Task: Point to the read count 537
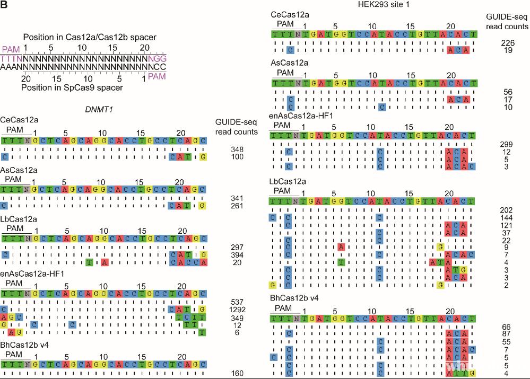click(237, 302)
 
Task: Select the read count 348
click(237, 149)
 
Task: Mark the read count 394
click(237, 255)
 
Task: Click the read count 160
click(237, 373)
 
